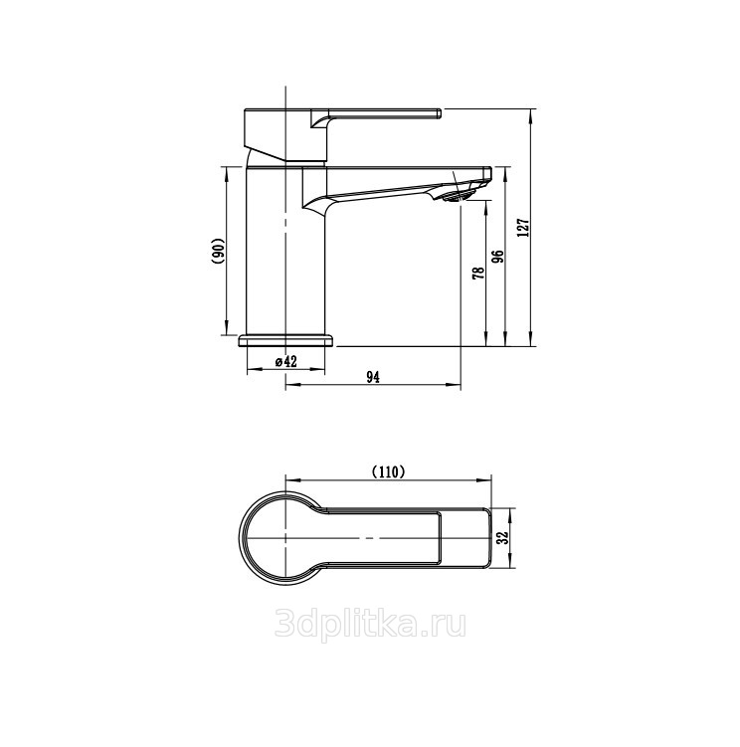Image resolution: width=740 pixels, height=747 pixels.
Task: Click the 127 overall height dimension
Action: coord(524,228)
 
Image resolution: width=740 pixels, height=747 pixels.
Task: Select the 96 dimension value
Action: coord(497,258)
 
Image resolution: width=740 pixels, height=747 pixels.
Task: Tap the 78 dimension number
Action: coord(478,273)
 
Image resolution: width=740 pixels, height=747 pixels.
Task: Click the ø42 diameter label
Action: coord(285,362)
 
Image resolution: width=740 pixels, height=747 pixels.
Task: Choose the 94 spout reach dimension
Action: coord(373,377)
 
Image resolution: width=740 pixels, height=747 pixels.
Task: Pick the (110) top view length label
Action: coord(388,471)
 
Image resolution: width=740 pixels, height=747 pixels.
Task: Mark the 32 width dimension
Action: coord(502,537)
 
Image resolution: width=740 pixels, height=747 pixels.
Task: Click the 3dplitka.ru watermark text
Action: coord(370,625)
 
